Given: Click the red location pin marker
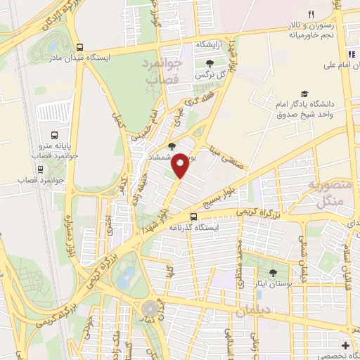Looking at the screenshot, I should point(181,164).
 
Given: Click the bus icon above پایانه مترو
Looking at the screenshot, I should point(55,136).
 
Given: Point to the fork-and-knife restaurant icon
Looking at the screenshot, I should point(310,13).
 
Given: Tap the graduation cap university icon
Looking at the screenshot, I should point(304,94).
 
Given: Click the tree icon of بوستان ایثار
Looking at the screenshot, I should point(273,273).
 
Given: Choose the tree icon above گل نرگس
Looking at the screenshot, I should point(209,63).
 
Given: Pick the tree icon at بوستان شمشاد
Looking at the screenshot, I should point(172,147).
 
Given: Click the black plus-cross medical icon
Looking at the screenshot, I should point(345,345).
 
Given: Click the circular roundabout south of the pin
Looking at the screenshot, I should point(150,309).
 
